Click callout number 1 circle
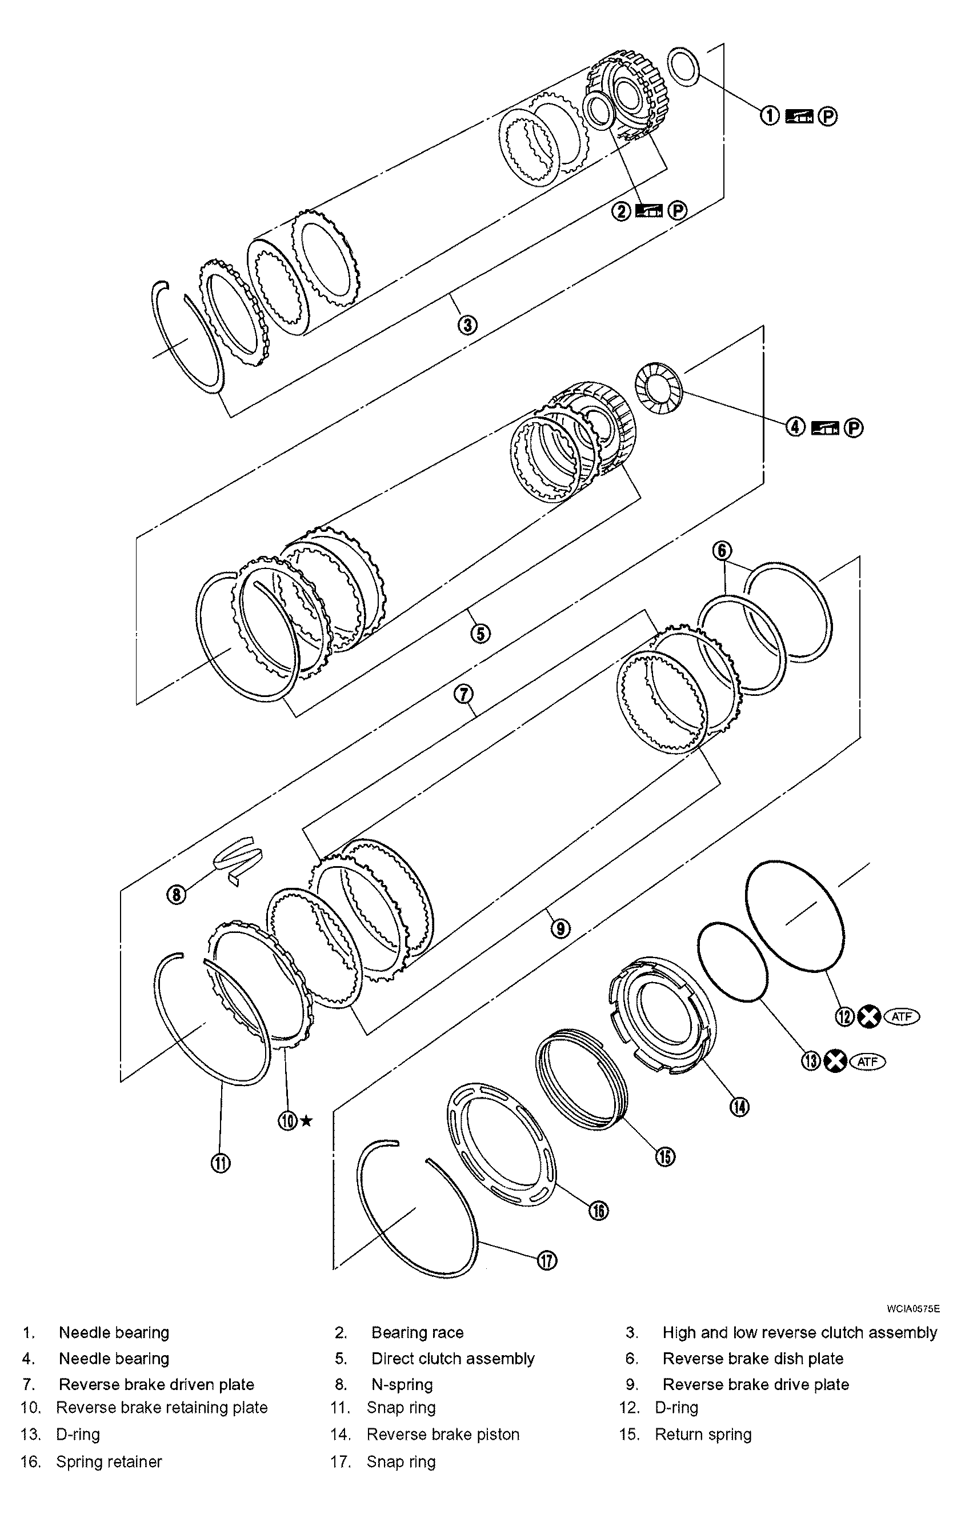770,115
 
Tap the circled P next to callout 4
853,428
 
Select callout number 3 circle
467,325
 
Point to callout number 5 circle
480,633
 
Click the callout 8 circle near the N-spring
177,895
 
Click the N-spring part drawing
238,858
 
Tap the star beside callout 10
306,1120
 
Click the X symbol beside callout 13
835,1062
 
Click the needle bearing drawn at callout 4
658,388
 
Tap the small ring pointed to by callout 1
683,66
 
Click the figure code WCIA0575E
913,1309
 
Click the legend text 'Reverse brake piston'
443,1434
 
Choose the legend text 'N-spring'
402,1384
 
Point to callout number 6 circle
722,551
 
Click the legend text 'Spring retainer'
109,1461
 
